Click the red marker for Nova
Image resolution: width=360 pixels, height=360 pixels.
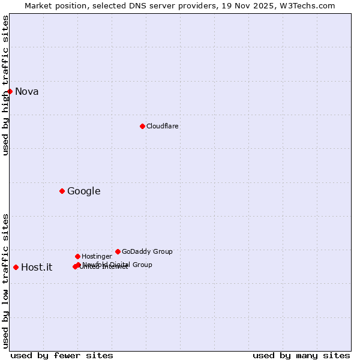[10, 91]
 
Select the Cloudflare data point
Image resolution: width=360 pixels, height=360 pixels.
[142, 126]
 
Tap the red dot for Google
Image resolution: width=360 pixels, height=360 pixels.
[62, 191]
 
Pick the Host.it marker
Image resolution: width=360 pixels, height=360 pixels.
[16, 267]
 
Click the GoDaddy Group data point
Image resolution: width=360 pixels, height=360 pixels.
[118, 251]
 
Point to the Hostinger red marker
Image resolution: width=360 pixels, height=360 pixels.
[77, 256]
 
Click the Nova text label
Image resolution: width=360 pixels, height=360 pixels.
[27, 92]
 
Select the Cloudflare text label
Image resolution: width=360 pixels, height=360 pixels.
[162, 127]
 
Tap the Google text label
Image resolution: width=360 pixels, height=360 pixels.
[84, 191]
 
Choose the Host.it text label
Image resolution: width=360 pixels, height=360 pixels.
[37, 268]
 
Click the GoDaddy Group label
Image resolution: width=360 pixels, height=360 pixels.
[147, 252]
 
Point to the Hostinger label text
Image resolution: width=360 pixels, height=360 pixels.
[97, 257]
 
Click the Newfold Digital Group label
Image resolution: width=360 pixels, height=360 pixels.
[118, 265]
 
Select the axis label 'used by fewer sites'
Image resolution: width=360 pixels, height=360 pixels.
[62, 355]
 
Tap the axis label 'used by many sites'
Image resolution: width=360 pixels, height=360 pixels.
[301, 355]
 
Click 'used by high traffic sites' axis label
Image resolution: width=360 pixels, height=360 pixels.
[5, 85]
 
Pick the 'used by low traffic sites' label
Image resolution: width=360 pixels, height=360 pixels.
[5, 281]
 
